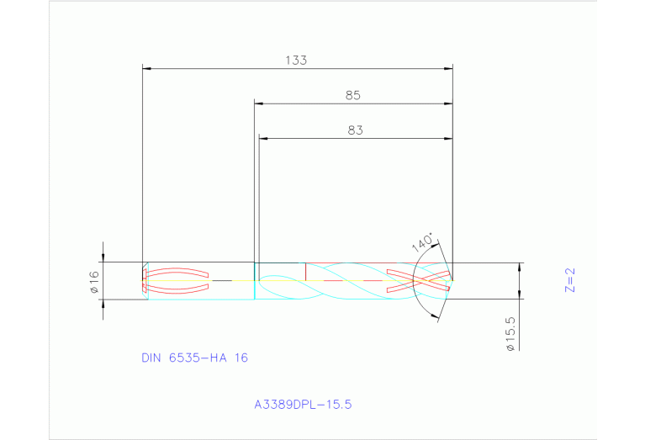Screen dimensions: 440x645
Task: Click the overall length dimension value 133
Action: coord(296,60)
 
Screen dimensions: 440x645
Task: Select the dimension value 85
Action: coord(353,95)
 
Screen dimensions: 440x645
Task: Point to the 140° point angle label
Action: coord(424,242)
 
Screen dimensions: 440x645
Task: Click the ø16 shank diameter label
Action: coord(94,282)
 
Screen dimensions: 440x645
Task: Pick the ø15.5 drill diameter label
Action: coord(510,333)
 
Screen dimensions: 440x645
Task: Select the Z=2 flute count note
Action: coord(569,279)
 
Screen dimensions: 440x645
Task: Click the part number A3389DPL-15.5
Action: coord(303,404)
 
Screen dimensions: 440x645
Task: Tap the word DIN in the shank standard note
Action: coord(152,358)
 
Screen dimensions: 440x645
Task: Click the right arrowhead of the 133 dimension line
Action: coord(449,67)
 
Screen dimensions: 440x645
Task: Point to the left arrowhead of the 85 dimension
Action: coord(259,103)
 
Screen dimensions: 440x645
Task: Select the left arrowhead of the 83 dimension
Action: coord(263,138)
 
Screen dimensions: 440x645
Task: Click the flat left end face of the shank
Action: coord(144,280)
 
